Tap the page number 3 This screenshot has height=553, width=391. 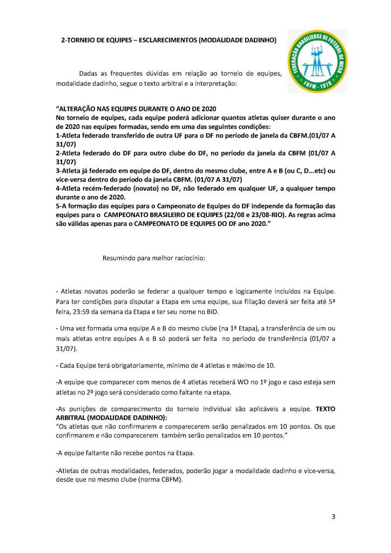(333, 516)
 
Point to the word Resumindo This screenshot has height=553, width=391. (119, 258)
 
